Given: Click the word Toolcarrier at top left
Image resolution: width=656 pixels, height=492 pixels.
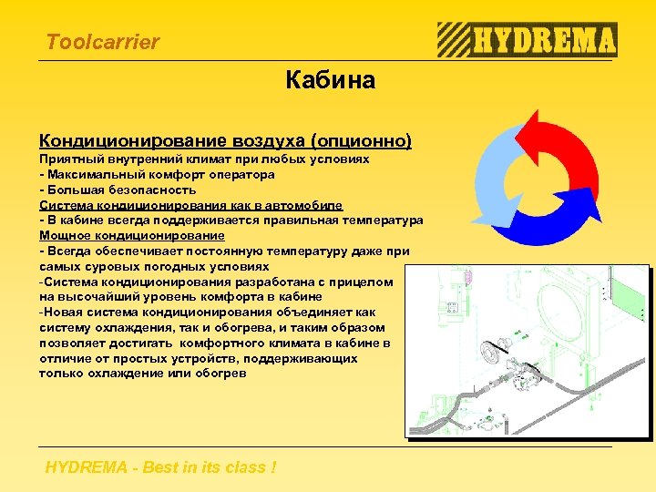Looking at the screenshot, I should click(102, 42).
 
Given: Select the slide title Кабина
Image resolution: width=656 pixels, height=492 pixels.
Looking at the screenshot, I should click(329, 81).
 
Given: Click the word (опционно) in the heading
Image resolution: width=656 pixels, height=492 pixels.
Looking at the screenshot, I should click(361, 141).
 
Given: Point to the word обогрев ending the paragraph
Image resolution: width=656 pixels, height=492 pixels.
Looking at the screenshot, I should click(220, 373).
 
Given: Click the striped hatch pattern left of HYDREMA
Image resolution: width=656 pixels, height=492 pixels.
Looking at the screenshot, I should click(453, 40).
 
